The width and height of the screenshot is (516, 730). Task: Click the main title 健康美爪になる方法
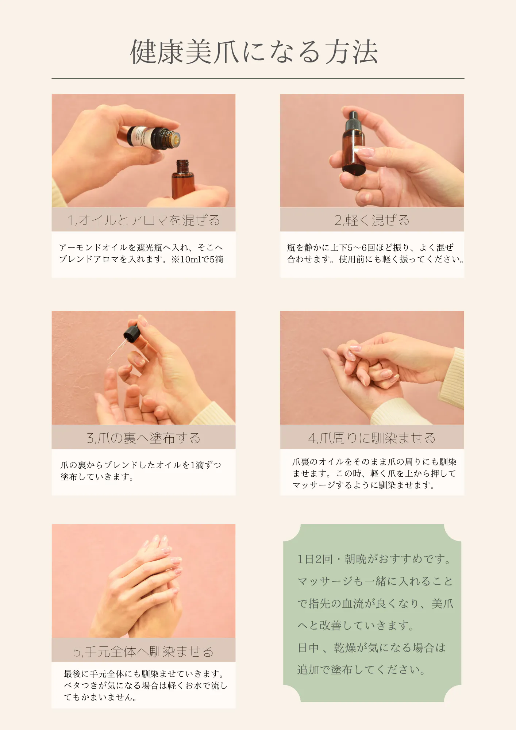coord(254,52)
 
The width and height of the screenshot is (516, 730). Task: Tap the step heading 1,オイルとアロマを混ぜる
coord(143,220)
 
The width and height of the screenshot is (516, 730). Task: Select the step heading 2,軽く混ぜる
coord(372,220)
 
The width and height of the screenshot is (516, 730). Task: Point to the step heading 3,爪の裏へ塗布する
coord(143,438)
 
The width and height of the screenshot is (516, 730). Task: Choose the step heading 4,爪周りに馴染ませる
coord(372,438)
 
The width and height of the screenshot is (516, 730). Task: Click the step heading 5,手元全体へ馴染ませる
coord(143,651)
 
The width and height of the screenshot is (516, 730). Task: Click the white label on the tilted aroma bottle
coord(140,137)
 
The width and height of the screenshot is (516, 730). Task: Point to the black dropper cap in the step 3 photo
coord(132,333)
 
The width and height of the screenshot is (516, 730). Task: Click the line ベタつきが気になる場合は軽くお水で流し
coord(145,685)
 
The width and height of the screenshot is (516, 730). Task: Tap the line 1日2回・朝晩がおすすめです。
coord(374,559)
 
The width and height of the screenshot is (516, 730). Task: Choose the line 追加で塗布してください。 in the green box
coord(361,670)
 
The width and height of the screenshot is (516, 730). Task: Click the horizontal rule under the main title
coord(258,78)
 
